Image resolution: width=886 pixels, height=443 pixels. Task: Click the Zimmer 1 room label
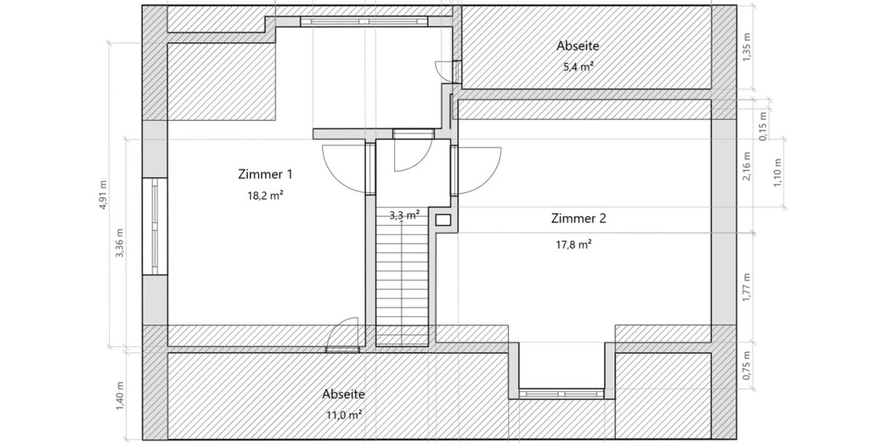(265, 175)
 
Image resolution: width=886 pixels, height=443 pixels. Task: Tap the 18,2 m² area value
(265, 196)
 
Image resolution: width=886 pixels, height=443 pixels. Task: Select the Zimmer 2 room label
(578, 219)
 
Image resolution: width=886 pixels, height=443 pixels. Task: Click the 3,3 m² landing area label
(404, 216)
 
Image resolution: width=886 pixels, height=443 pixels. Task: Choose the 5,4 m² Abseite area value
(578, 66)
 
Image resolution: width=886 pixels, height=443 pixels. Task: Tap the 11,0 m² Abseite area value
(343, 415)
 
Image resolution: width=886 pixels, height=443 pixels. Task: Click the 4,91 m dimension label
(103, 195)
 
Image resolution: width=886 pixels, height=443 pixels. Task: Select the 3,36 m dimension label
(120, 242)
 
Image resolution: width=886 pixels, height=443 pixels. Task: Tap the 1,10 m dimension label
(777, 173)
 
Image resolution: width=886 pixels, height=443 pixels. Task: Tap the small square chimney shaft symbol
(443, 219)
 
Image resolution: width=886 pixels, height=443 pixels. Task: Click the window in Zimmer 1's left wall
(154, 227)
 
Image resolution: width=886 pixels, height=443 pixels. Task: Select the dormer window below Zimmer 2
(562, 394)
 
